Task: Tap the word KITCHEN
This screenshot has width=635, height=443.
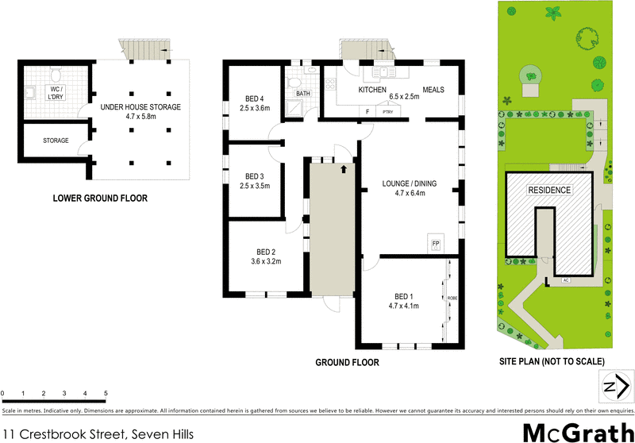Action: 372,90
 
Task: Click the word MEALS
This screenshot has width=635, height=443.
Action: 433,90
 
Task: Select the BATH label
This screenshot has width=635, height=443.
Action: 303,94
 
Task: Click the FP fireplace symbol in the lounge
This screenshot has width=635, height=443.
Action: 435,241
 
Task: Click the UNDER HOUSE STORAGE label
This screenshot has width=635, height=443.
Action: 141,106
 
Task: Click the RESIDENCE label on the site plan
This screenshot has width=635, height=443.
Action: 549,191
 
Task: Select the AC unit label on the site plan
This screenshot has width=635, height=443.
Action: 565,280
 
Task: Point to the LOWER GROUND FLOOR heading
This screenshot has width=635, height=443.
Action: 99,198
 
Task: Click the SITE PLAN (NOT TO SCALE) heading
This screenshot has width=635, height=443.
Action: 551,361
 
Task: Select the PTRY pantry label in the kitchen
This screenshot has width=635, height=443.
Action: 388,113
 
